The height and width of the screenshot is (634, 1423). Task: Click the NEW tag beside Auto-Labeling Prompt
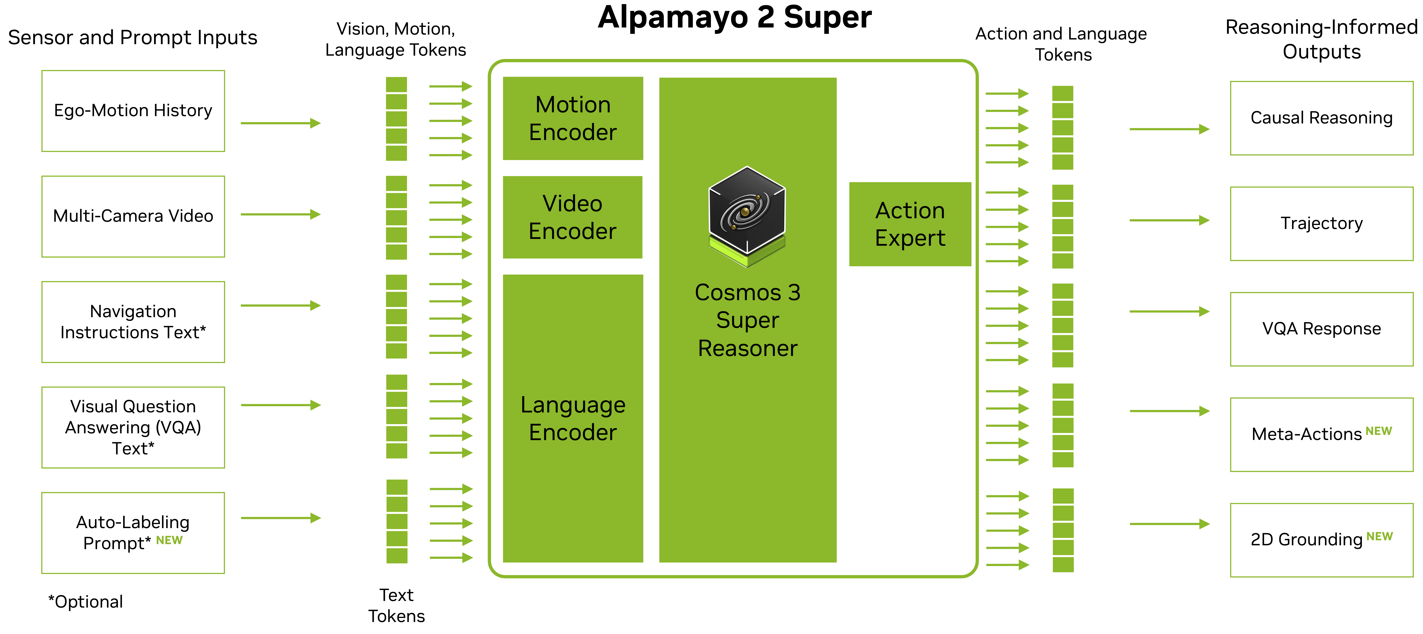(x=169, y=540)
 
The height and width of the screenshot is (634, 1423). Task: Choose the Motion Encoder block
(x=573, y=118)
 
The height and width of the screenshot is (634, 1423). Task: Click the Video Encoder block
(x=573, y=217)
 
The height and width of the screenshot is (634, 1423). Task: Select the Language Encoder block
(x=573, y=418)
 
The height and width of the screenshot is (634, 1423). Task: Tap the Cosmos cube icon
(x=747, y=216)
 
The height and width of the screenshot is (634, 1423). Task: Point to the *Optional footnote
(x=86, y=601)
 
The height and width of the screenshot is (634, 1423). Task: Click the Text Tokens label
(x=397, y=605)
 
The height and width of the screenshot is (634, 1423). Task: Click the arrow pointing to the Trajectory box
(x=1169, y=220)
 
